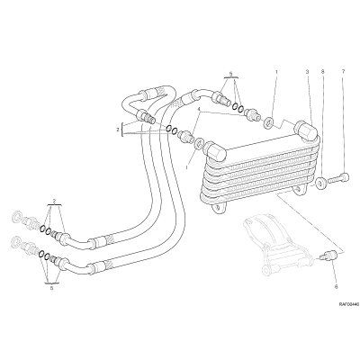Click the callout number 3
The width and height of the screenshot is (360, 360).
coord(307,72)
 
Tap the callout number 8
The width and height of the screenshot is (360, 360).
coord(323,72)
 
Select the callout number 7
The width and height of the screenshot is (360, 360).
coord(344,72)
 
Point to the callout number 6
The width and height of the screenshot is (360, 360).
coord(336,287)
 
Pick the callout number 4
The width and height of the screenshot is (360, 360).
coord(198,110)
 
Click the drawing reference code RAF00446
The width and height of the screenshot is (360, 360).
coord(349,304)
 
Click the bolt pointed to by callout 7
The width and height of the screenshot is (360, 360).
coord(338,178)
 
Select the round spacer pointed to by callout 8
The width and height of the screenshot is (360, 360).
coord(321,183)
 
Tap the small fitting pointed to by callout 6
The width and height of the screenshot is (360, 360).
coord(329,256)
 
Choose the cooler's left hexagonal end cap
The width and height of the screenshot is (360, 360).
coord(215,150)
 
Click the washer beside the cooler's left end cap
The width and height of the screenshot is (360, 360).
coord(198,143)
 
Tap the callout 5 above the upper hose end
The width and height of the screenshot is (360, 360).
coord(230,73)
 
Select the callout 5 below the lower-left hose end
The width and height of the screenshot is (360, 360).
coord(51,288)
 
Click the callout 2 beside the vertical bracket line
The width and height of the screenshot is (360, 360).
coord(119,130)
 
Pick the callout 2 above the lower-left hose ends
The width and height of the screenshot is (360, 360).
coord(54,200)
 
